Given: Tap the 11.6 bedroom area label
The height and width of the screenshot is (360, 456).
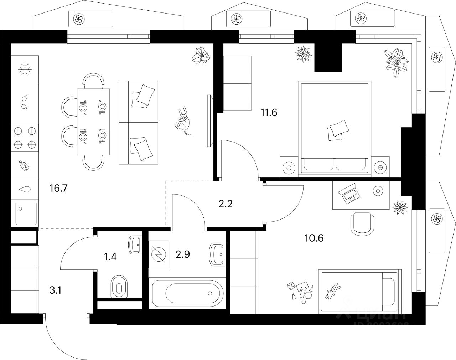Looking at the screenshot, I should click(x=269, y=113).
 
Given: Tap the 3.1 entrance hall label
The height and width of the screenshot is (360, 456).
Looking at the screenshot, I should click(x=55, y=290).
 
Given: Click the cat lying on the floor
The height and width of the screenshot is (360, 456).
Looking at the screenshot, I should click(x=183, y=121).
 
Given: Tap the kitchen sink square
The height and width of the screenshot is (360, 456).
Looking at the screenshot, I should click(x=26, y=213).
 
